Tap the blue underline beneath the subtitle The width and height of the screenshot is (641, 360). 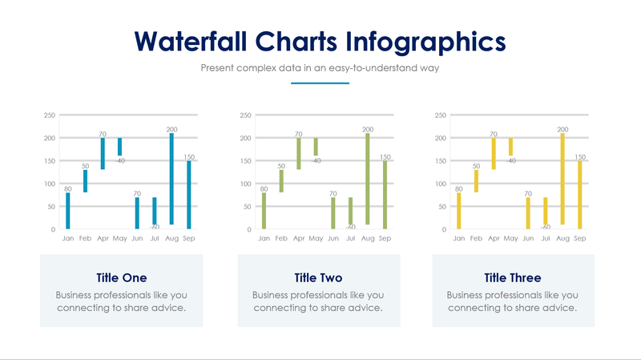[x=320, y=83]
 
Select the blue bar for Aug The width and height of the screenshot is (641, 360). [x=171, y=179]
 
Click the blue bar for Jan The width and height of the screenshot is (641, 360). [x=68, y=211]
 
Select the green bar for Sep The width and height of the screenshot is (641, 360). [x=385, y=195]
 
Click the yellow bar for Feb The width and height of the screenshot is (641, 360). [x=476, y=181]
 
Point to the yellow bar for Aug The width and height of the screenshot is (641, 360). [x=562, y=179]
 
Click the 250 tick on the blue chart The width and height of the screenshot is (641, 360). [x=50, y=115]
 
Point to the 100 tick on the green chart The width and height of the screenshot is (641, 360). [x=245, y=184]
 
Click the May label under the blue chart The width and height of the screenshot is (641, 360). [x=120, y=239]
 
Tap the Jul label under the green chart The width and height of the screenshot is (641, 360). [x=350, y=239]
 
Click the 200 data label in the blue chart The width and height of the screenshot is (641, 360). [x=171, y=129]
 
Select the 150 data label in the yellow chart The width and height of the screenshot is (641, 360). [x=579, y=157]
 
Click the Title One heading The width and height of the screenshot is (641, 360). [x=121, y=278]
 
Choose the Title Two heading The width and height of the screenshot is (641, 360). [x=318, y=278]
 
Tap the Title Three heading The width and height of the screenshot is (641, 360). [x=513, y=278]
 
